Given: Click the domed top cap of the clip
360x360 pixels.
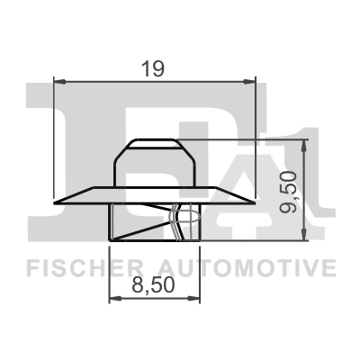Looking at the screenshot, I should (154, 146).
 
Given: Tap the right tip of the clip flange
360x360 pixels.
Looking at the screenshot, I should (255, 201).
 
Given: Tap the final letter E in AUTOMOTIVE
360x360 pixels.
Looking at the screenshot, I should (329, 267).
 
